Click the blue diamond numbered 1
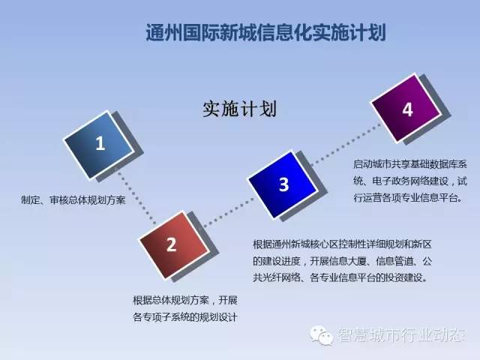(99, 145)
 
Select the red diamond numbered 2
(174, 245)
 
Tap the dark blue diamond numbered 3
(282, 184)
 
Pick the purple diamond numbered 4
(406, 108)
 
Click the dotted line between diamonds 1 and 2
(136, 198)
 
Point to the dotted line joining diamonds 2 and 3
(228, 213)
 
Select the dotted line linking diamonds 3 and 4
(345, 145)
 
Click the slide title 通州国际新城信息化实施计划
(265, 32)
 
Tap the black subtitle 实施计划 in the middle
(239, 109)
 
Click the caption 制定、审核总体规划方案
(73, 200)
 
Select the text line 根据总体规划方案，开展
(185, 300)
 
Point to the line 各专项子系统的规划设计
(185, 316)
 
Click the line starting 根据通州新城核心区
(342, 244)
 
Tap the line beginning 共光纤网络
(340, 277)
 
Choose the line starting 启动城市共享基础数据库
(410, 164)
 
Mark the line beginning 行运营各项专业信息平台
(408, 198)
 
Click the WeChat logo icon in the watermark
(322, 335)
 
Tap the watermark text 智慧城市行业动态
(401, 335)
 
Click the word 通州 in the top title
(163, 32)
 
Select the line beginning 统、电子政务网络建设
(410, 181)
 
